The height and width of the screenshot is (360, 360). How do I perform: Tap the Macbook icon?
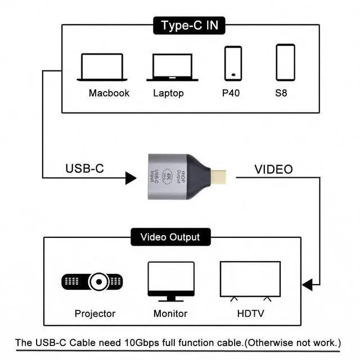[101, 67]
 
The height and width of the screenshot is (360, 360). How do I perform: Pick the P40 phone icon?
[233, 63]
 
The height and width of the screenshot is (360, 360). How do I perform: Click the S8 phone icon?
[285, 62]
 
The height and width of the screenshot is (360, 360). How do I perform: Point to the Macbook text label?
[109, 93]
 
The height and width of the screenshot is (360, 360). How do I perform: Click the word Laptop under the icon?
[168, 93]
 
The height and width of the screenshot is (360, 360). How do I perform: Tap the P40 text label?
[231, 93]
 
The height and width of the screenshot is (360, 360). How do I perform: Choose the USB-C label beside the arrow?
[84, 168]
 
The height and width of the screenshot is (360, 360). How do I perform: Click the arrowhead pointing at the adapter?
[130, 179]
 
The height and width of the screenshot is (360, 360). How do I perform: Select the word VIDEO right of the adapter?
[273, 169]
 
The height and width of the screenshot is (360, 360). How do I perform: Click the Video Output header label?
[170, 237]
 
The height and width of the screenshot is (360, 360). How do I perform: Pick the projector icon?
[92, 281]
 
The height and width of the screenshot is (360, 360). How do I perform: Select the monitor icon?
[170, 280]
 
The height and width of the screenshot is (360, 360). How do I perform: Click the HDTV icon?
[250, 280]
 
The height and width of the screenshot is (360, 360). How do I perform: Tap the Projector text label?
[94, 313]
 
